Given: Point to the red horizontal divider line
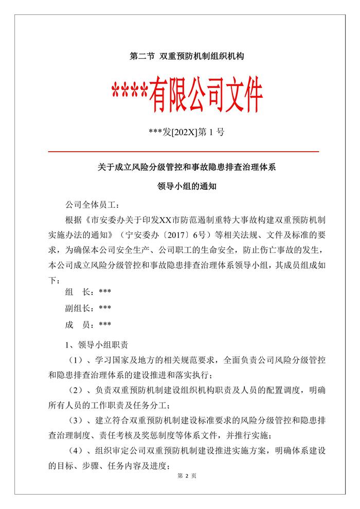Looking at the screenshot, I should click(x=183, y=152).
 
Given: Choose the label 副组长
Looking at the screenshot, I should click(x=77, y=308).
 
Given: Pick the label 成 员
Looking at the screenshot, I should click(x=77, y=325).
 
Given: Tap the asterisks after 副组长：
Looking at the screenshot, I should click(x=104, y=308).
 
